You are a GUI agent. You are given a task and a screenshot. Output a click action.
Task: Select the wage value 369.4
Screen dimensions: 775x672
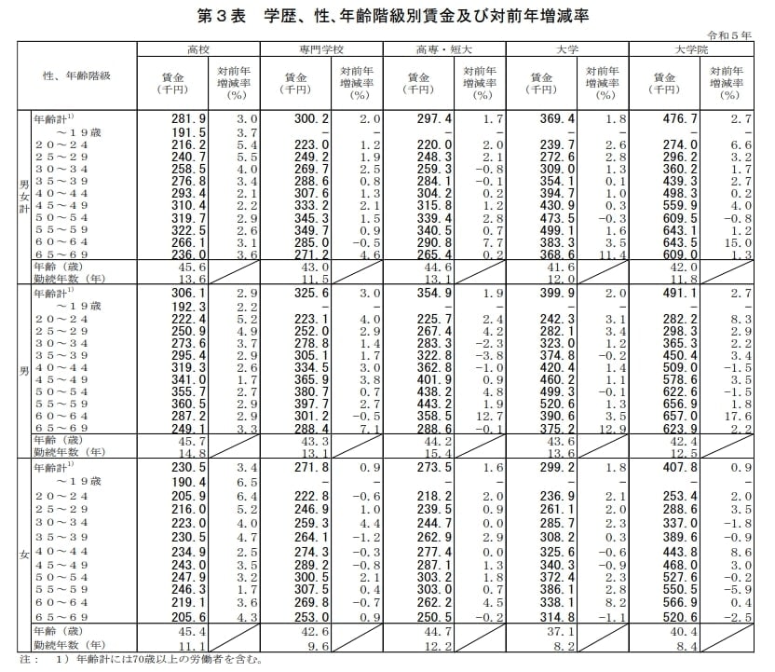click(544, 119)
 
